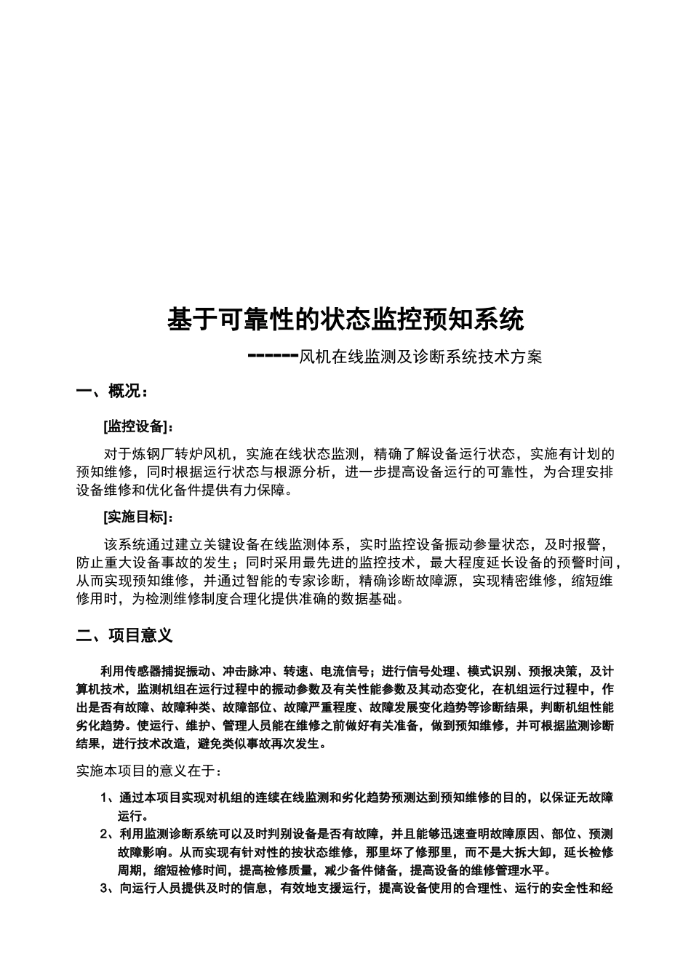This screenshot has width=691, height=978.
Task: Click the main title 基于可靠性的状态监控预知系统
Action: point(345,319)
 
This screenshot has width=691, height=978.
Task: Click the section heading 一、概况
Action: point(112,391)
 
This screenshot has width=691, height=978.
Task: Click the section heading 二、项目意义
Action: point(125,635)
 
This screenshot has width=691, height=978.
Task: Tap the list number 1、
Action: point(108,798)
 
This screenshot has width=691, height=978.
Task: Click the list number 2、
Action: point(108,834)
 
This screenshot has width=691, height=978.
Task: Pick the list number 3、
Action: point(108,888)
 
